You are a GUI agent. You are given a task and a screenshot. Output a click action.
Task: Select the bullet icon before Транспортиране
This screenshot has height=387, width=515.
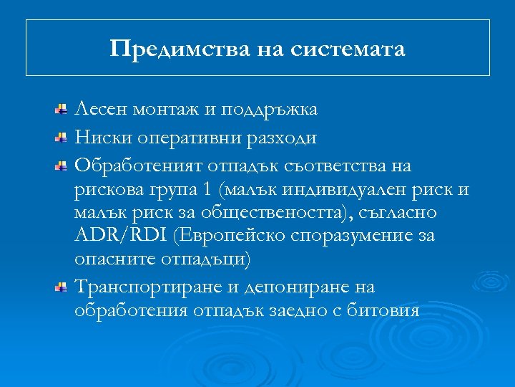click(x=63, y=287)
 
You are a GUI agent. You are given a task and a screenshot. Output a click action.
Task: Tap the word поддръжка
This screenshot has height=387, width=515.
click(x=269, y=110)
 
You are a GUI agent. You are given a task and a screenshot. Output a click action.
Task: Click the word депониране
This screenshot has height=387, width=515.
click(x=290, y=287)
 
